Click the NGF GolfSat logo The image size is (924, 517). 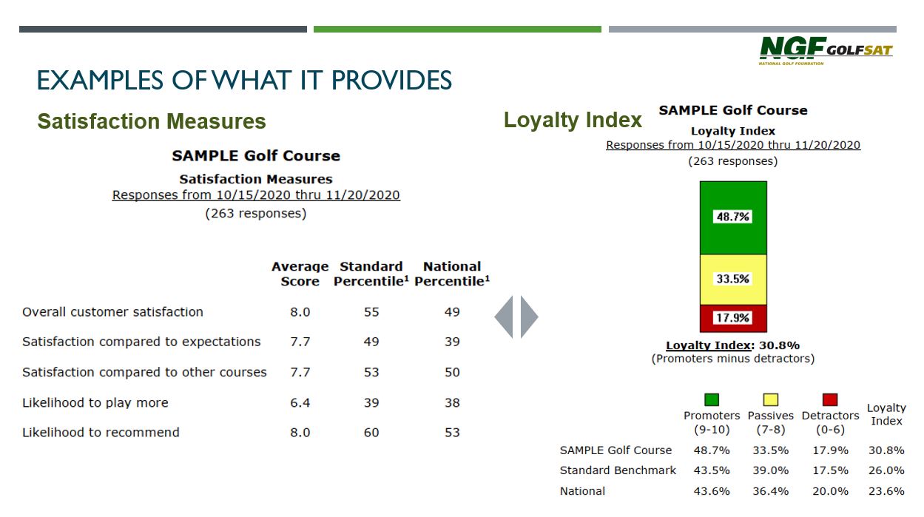click(x=826, y=51)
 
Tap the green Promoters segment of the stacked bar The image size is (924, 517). click(x=733, y=217)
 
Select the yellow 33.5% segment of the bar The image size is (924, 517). click(x=733, y=280)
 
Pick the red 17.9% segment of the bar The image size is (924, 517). click(x=733, y=318)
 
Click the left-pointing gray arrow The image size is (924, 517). click(x=504, y=317)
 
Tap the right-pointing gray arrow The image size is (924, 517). click(x=529, y=317)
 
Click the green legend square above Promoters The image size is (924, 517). click(x=712, y=399)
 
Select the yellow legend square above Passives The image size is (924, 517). click(x=771, y=399)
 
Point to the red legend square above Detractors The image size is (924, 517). click(x=830, y=399)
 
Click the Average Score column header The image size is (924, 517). click(x=300, y=274)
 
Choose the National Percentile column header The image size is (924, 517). click(x=452, y=274)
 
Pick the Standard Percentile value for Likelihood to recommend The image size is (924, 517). click(x=371, y=432)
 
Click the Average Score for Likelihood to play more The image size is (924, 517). click(x=300, y=402)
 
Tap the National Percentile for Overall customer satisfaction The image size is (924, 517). click(x=452, y=311)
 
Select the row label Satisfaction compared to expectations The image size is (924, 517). click(x=141, y=342)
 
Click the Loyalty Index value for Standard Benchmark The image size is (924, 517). click(x=886, y=470)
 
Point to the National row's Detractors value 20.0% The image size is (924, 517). click(x=830, y=491)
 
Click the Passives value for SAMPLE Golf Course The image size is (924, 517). click(x=771, y=450)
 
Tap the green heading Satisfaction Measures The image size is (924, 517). click(x=152, y=121)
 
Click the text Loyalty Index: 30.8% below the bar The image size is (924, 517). click(x=733, y=345)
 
